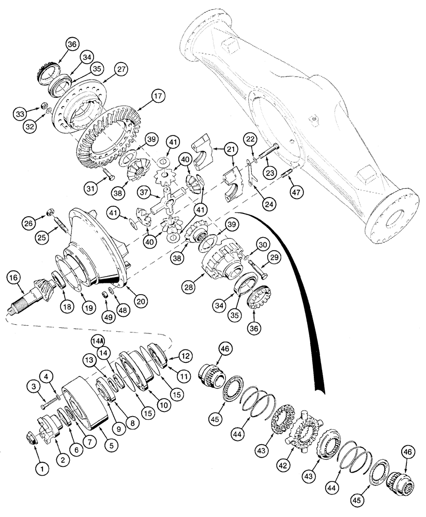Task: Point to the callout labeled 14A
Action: (98, 342)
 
